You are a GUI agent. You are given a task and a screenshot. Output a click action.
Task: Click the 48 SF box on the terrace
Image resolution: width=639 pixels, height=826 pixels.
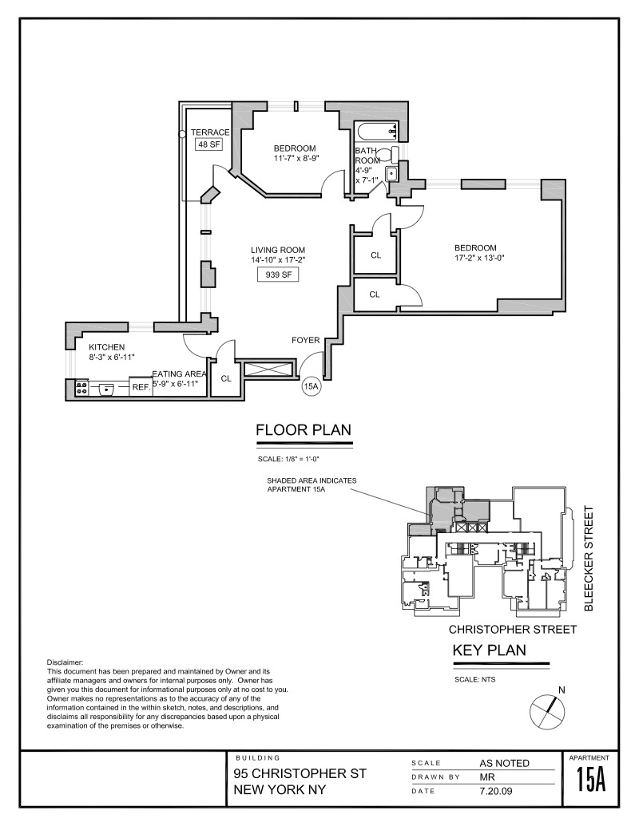(x=208, y=144)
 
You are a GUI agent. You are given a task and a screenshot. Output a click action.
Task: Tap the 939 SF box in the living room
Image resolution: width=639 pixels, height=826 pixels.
(x=272, y=275)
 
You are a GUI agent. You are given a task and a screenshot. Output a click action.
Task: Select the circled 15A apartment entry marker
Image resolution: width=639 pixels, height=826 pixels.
(x=312, y=387)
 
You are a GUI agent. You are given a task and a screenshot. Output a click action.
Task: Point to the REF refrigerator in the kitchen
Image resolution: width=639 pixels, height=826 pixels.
(x=141, y=387)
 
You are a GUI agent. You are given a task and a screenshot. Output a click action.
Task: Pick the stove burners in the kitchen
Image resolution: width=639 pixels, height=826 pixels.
(x=81, y=388)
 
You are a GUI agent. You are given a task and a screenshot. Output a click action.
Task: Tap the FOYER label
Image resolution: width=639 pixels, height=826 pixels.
(x=306, y=341)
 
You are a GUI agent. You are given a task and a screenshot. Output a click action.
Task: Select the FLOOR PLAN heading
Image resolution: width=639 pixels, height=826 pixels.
(x=303, y=432)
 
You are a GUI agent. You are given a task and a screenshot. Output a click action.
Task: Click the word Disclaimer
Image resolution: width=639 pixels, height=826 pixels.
(x=65, y=663)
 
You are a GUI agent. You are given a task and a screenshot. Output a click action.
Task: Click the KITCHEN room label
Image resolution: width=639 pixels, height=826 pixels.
(x=107, y=347)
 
